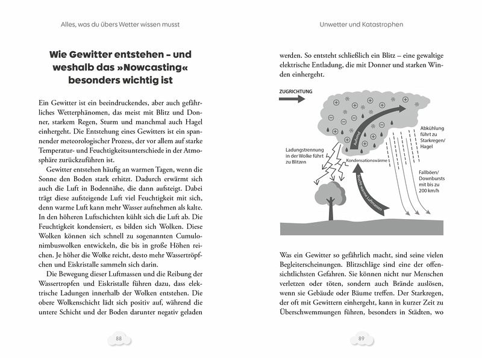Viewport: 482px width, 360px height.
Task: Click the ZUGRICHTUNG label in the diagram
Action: [296, 92]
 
